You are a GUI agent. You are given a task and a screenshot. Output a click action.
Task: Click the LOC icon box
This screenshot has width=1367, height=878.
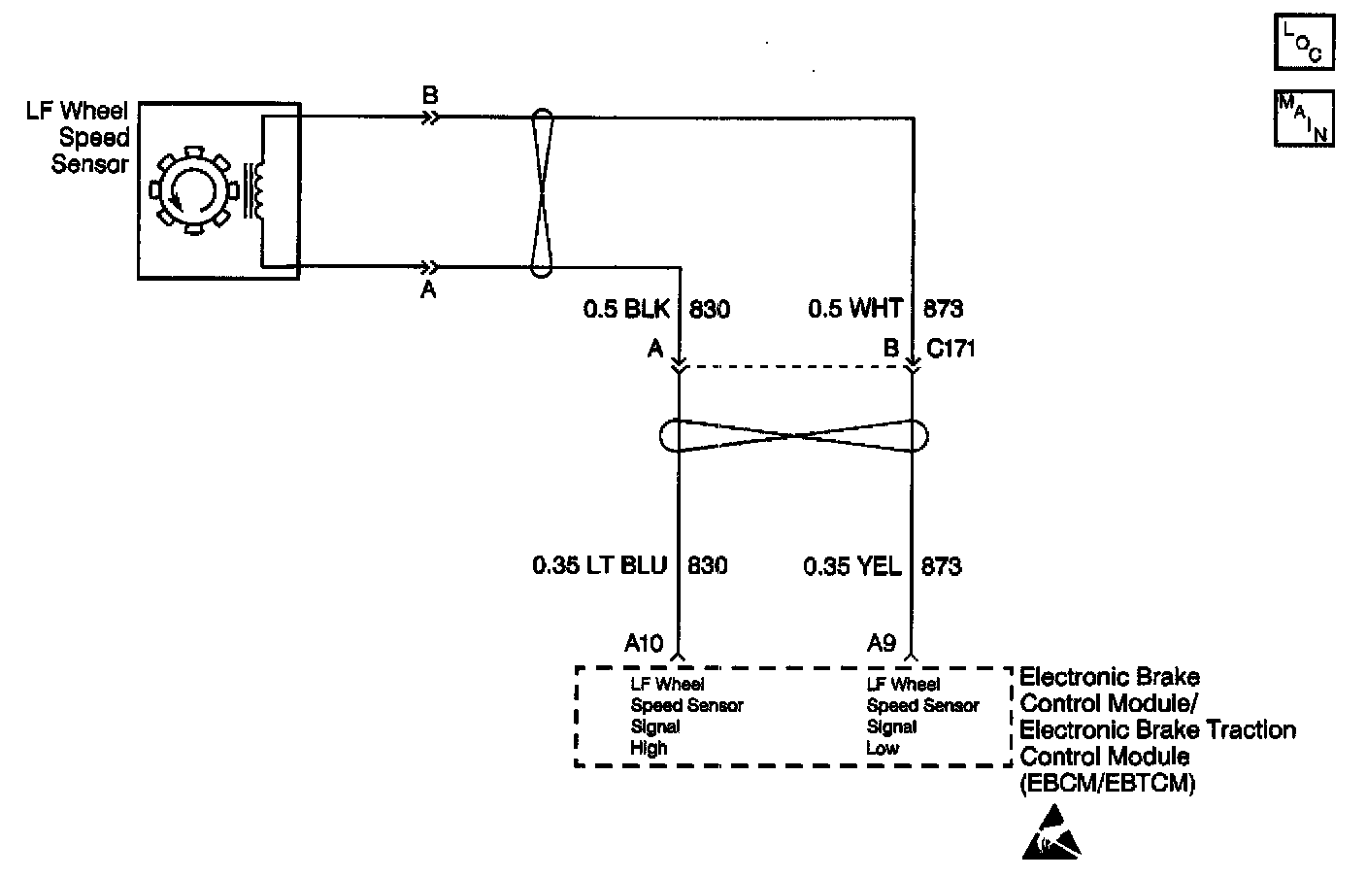(1304, 42)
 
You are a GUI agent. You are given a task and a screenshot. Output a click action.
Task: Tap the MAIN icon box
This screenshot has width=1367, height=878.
(1304, 118)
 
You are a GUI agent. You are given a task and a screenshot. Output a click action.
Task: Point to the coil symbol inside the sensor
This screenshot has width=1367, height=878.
(257, 190)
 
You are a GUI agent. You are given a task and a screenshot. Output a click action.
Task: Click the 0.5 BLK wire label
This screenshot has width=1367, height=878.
(626, 310)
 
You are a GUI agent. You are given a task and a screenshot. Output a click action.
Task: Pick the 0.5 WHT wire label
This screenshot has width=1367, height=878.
(854, 310)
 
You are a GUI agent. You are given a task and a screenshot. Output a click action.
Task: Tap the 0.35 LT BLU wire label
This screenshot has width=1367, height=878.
(599, 565)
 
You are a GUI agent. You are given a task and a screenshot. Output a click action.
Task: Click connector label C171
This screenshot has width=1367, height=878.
(950, 348)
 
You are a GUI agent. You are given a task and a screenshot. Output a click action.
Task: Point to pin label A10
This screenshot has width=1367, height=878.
(644, 643)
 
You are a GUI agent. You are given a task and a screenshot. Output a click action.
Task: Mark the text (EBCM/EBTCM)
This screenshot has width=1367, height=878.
(1107, 784)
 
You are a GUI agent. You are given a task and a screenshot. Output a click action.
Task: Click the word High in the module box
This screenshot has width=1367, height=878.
(649, 748)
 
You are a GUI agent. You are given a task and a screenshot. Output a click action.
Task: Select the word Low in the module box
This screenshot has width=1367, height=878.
(883, 748)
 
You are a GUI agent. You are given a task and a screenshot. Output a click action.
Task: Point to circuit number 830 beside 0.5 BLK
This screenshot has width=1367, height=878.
(709, 310)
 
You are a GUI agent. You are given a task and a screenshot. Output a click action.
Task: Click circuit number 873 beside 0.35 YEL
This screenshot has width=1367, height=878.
(941, 565)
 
